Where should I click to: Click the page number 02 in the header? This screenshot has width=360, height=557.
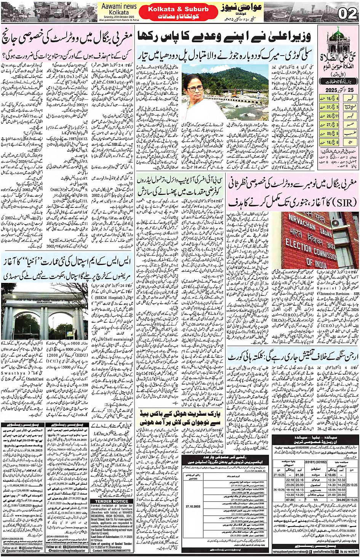coord(347,14)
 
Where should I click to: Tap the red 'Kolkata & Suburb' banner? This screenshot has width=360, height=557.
coord(178,9)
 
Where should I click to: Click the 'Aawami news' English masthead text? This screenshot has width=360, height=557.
coord(119,6)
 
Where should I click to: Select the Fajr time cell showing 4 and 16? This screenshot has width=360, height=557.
coord(332,99)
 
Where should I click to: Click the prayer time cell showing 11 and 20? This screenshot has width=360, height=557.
coord(332,116)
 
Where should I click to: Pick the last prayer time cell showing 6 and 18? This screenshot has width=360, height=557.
coord(332,142)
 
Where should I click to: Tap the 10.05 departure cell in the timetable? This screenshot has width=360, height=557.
coord(332,475)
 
